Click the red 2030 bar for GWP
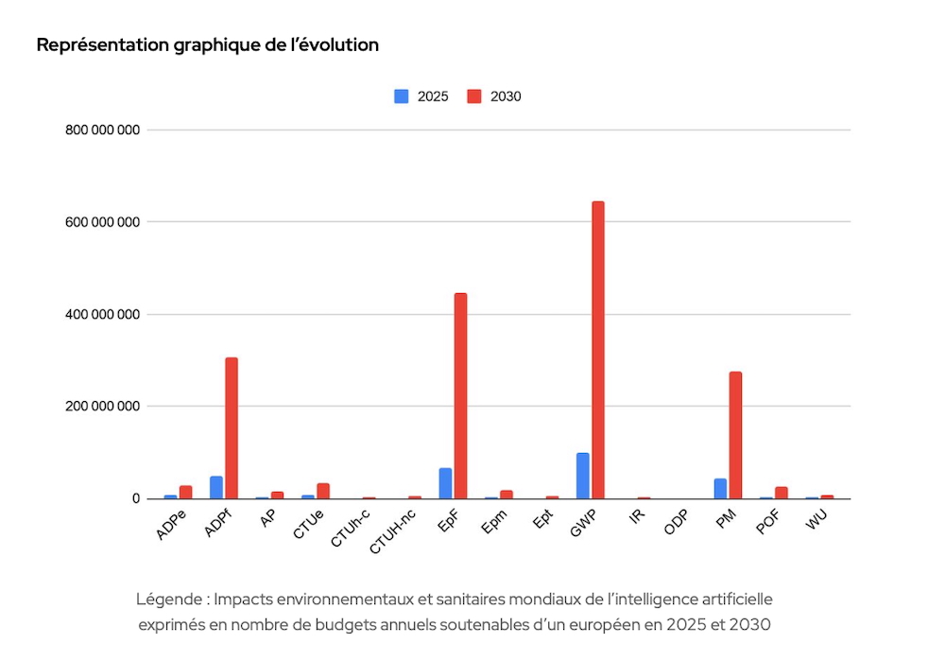pyautogui.click(x=598, y=350)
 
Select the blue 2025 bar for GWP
pyautogui.click(x=583, y=476)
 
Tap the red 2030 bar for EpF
pyautogui.click(x=460, y=395)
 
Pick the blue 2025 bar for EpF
pyautogui.click(x=445, y=483)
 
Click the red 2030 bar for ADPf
pyautogui.click(x=232, y=428)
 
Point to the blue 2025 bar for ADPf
pyautogui.click(x=216, y=487)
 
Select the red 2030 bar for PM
pyautogui.click(x=735, y=435)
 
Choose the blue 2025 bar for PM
pyautogui.click(x=720, y=489)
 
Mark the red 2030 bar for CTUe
pyautogui.click(x=323, y=491)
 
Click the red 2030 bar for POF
pyautogui.click(x=782, y=493)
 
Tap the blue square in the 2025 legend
pyautogui.click(x=402, y=96)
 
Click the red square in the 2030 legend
pyautogui.click(x=474, y=96)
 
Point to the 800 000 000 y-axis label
pyautogui.click(x=102, y=130)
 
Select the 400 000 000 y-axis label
pyautogui.click(x=102, y=315)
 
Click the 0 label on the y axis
pyautogui.click(x=136, y=499)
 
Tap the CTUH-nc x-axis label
pyautogui.click(x=392, y=532)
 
